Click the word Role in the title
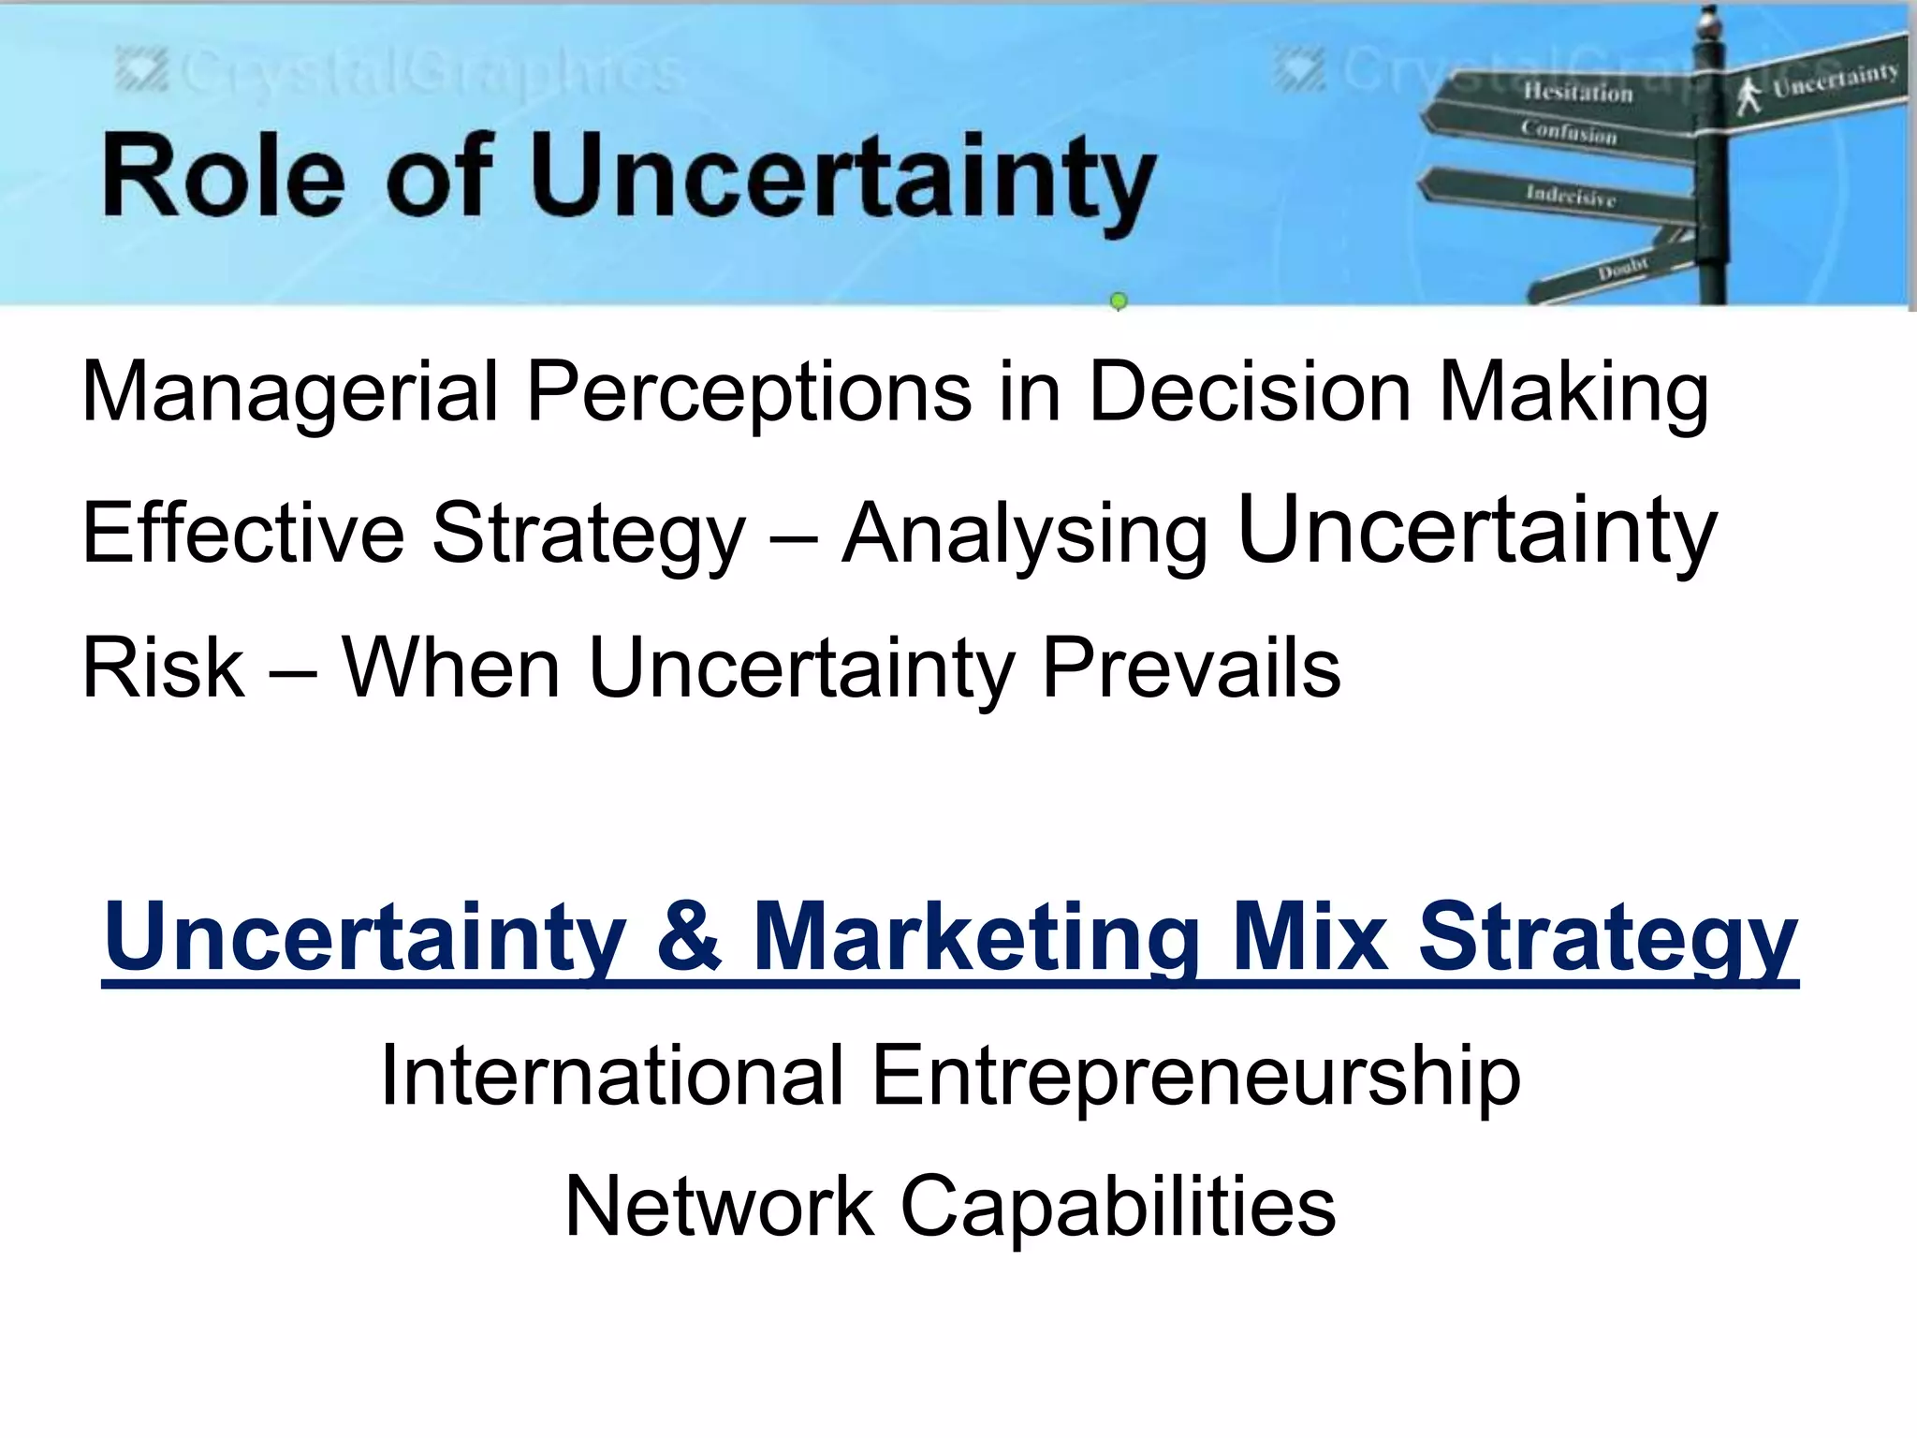tap(223, 176)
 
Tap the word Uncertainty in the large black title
tap(842, 178)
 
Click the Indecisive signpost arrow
tap(1570, 195)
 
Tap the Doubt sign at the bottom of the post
tap(1621, 270)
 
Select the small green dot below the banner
tap(1118, 301)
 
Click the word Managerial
tap(289, 391)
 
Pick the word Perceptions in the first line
tap(748, 391)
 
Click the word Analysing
tap(1025, 534)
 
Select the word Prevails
tap(1191, 667)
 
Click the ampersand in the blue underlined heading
tap(689, 934)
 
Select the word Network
tap(719, 1206)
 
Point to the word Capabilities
tap(1118, 1206)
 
